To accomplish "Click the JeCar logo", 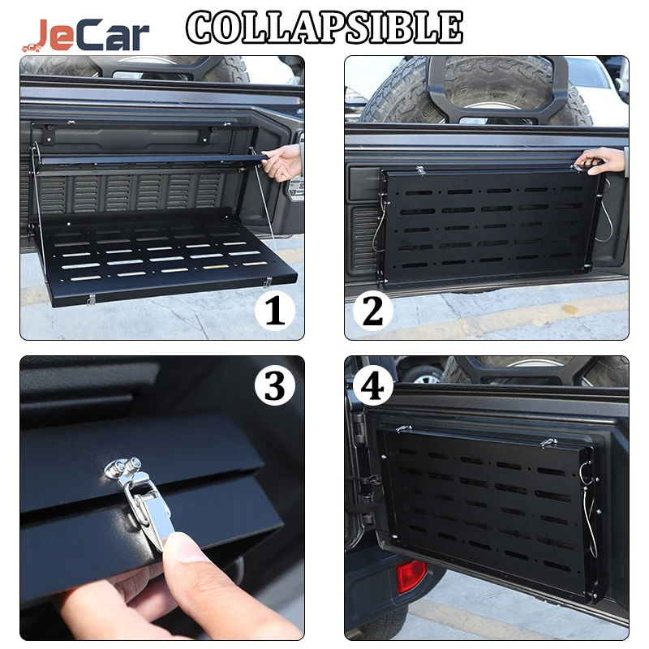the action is (x=86, y=35).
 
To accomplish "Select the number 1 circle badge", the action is (x=274, y=311).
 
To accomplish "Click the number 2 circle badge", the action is (x=372, y=311).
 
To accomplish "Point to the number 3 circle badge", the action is (x=275, y=386).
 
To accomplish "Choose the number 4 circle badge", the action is (x=372, y=386).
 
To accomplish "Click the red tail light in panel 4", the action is (x=411, y=576).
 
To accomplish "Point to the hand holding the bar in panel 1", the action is (x=282, y=162).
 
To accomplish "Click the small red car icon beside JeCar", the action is (x=32, y=48).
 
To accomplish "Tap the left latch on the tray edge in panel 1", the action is (x=91, y=299).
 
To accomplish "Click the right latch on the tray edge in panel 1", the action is (x=268, y=282).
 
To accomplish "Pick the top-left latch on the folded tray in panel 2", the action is (x=420, y=170).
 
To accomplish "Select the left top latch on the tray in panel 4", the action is (x=403, y=429).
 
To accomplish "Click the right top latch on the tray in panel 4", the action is (x=549, y=442).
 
